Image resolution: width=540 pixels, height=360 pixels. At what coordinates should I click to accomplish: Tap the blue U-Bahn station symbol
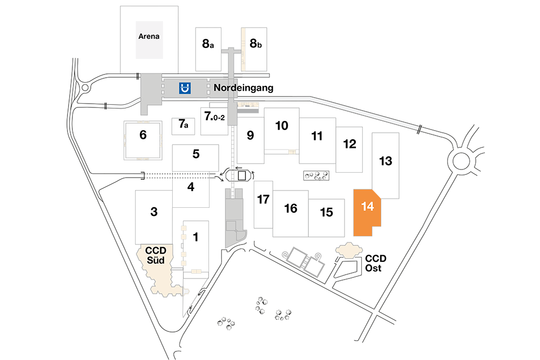coord(185,88)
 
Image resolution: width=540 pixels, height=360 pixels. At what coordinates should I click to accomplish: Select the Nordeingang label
coord(244,88)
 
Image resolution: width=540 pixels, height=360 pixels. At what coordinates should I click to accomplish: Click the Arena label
coord(149,37)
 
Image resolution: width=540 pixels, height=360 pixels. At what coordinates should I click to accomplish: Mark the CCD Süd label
coord(156,255)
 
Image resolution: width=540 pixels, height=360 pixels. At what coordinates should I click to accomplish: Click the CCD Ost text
coord(375,263)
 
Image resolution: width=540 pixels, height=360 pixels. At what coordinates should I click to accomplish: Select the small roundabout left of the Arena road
coord(85,88)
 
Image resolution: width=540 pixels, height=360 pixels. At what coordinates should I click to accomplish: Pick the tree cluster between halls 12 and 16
coord(316,176)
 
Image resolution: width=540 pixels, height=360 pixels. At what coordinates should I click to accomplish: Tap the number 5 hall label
coord(196,154)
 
